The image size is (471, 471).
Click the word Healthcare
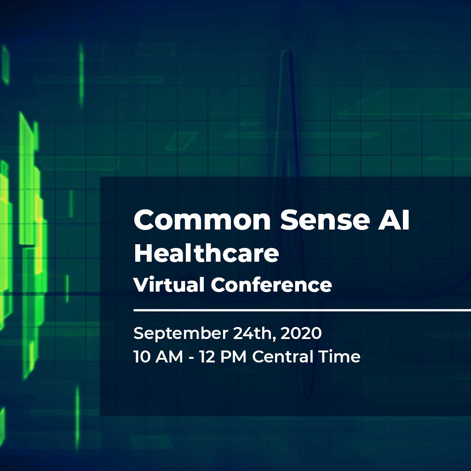point(207,253)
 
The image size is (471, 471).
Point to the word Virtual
point(169,284)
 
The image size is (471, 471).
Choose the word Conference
point(271,284)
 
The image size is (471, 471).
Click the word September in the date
point(181,334)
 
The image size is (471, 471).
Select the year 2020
point(301,333)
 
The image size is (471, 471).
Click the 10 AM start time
point(158,357)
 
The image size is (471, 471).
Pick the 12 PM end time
point(223,357)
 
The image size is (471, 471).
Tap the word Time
point(339,357)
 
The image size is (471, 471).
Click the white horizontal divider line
point(302,310)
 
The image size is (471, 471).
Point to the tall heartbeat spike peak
point(286,52)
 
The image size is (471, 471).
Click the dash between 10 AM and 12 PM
point(191,358)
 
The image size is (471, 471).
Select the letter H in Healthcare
point(144,253)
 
